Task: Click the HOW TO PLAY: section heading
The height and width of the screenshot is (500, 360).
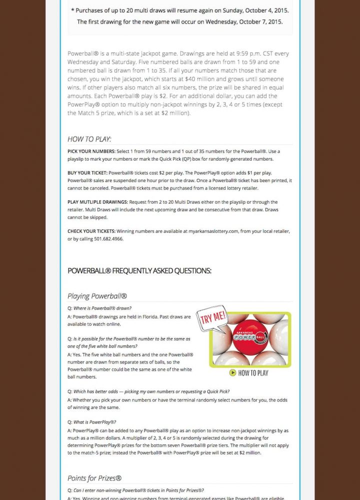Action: (x=89, y=139)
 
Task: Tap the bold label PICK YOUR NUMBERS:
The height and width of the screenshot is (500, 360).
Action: (x=91, y=151)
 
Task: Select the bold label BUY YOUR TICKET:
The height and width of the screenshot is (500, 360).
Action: (x=87, y=172)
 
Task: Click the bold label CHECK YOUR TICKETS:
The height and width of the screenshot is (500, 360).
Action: (x=91, y=231)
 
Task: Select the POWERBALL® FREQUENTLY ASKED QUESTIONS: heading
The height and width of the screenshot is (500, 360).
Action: (x=139, y=271)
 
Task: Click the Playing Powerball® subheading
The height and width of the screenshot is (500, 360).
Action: (x=97, y=296)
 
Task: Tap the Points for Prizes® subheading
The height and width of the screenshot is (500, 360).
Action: (x=94, y=478)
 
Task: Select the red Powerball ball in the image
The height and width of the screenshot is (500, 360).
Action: (x=250, y=338)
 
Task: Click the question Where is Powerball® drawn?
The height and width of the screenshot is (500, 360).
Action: (x=102, y=308)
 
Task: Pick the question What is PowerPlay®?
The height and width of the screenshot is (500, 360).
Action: (x=95, y=422)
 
